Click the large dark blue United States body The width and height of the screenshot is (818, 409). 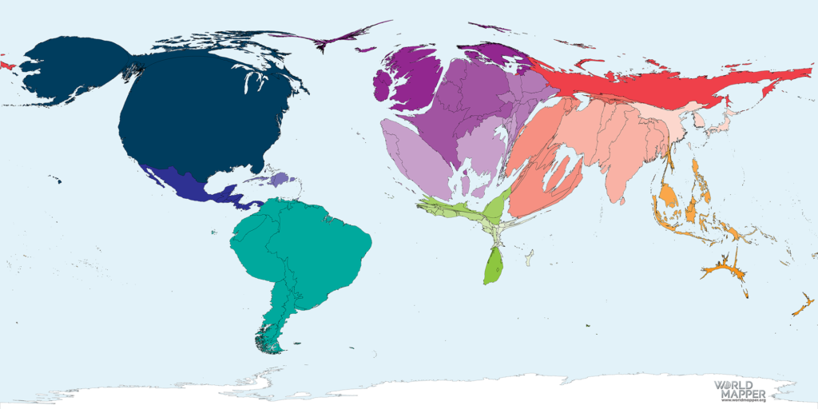pyautogui.click(x=200, y=120)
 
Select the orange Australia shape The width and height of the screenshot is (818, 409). pyautogui.click(x=723, y=268)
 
